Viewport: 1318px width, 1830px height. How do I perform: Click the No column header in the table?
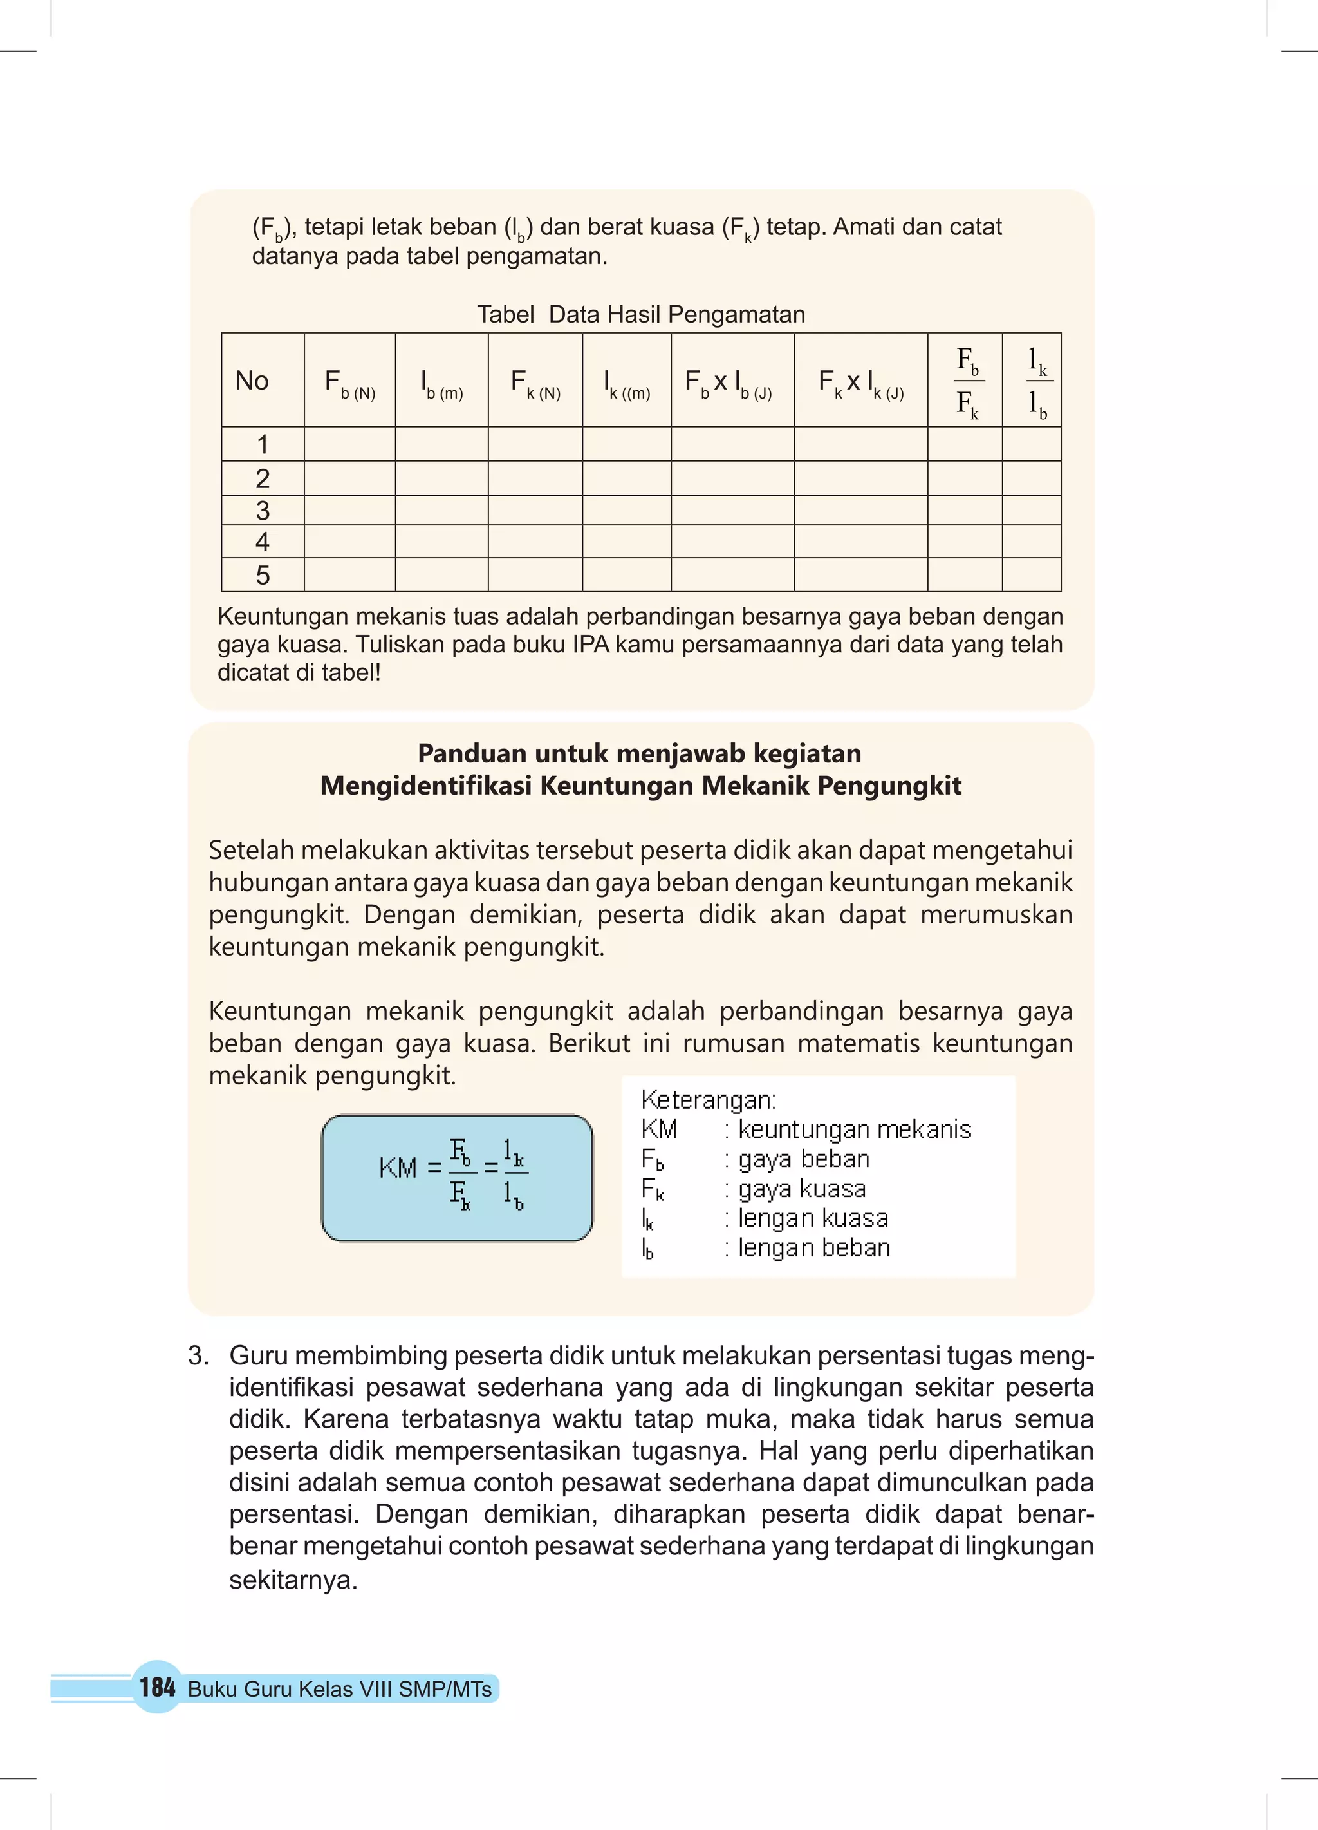pos(252,380)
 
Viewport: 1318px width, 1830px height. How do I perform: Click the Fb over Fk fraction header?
pos(967,381)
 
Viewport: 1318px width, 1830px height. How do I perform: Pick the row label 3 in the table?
pos(262,510)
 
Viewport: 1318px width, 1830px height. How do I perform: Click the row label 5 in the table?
pos(262,574)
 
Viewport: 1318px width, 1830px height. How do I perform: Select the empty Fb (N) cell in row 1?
pos(349,444)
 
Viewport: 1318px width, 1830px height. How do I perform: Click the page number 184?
pos(156,1686)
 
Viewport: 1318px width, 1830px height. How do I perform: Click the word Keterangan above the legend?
pos(707,1099)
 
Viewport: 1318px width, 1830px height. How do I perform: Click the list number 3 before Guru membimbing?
pos(198,1355)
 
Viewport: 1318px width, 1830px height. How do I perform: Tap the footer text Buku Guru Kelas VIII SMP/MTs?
pos(340,1689)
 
